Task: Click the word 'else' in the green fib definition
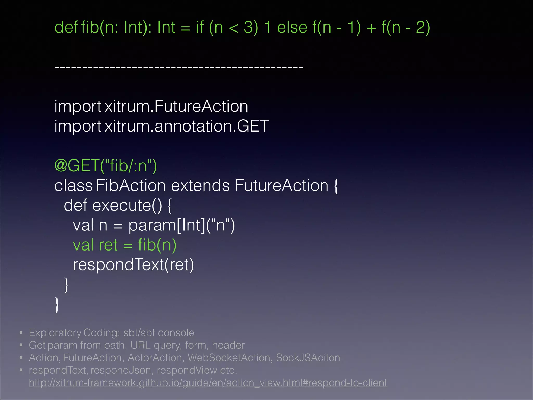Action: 292,27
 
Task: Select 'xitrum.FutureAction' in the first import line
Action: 176,107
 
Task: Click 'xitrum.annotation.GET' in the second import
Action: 187,126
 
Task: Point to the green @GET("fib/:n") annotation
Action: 106,166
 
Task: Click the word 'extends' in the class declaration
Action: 200,186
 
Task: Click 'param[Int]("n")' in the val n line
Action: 182,225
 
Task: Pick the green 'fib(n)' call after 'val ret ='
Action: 157,245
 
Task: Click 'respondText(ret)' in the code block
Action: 133,265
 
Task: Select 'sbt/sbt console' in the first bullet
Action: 159,333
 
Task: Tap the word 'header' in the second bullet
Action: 228,345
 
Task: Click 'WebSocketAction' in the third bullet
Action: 229,358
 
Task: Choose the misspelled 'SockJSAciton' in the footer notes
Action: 308,358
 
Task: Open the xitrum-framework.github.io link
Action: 208,383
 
